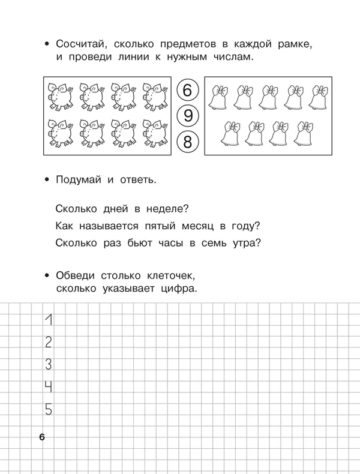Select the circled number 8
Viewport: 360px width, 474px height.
tap(187, 142)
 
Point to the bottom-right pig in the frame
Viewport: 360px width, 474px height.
tap(155, 133)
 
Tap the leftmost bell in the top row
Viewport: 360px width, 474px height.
tap(218, 98)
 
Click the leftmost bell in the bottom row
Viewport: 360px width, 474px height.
tap(231, 134)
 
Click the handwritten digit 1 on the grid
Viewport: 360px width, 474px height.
tap(50, 320)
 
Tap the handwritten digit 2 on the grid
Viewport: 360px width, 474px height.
tap(49, 342)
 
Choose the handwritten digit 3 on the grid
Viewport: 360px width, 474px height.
tap(49, 364)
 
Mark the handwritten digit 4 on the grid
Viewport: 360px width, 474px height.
tap(49, 387)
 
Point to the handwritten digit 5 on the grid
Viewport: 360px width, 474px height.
tap(49, 410)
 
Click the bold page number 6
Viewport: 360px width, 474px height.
tap(41, 437)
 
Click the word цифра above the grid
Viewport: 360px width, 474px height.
tap(178, 288)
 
